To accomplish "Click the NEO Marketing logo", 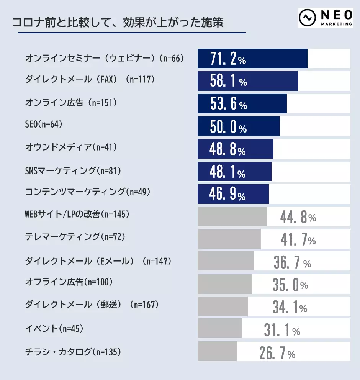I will point(326,18).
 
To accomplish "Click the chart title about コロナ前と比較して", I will point(118,22).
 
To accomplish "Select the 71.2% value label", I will point(228,59).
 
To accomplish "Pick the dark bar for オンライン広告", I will point(242,104).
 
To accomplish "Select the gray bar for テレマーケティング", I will point(229,239).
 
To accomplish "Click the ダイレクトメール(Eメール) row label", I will point(98,261).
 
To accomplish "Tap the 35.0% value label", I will point(290,285).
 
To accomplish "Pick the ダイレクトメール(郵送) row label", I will point(92,305).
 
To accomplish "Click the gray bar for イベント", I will point(219,328).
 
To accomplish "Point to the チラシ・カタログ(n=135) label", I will point(73,351).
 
